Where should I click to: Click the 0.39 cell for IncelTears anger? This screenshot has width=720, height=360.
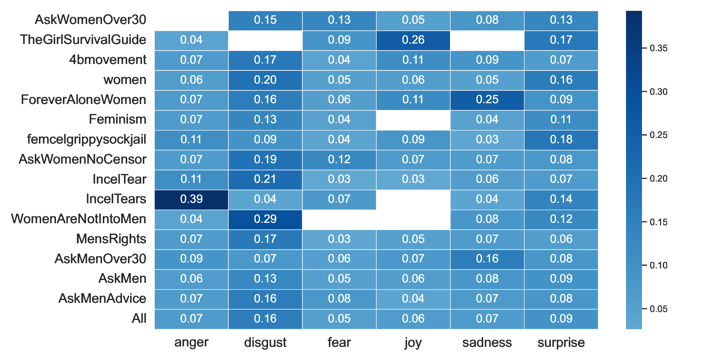point(191,199)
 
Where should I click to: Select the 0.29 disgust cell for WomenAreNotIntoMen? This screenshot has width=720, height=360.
point(265,219)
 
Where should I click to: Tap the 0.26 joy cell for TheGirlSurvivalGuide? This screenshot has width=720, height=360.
point(413,40)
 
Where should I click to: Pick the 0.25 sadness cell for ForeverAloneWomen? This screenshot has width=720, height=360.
point(487,100)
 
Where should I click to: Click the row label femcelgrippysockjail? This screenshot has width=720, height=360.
point(86,140)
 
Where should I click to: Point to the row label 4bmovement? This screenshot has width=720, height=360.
point(108,60)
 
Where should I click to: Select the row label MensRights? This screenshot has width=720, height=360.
point(111,239)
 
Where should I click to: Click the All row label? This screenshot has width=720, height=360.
point(139,319)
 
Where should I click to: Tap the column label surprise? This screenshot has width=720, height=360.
point(561,342)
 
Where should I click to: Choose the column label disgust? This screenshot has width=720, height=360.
point(265,342)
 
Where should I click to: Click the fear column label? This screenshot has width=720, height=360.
point(339,342)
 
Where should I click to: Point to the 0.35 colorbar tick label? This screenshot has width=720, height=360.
point(658,48)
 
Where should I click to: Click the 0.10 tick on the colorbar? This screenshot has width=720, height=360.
point(658,266)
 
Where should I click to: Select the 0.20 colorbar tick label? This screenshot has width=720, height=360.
point(658,179)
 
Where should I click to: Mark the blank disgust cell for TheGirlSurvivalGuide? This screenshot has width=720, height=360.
point(265,40)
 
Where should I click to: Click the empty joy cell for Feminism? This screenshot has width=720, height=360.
point(413,120)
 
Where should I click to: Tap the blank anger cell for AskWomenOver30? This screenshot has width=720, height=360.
point(191,20)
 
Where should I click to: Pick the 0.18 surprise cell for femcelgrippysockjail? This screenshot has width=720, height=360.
point(561,140)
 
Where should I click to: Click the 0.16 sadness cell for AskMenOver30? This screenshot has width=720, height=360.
point(487,259)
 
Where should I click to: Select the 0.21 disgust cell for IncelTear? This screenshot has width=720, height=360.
point(265,179)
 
